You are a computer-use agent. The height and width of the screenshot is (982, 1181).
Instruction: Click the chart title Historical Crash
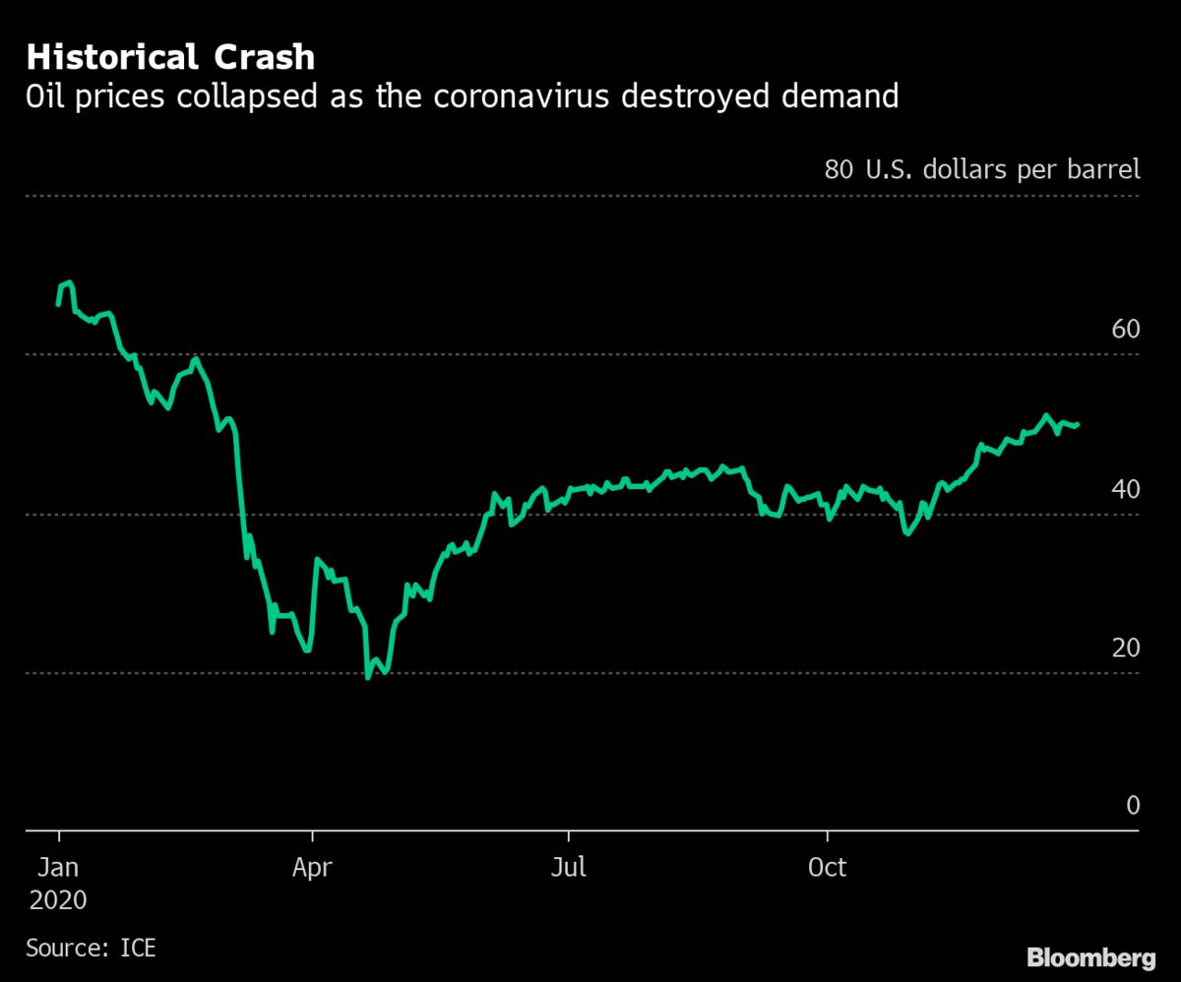point(170,57)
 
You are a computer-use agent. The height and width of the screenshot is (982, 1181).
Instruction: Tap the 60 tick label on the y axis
point(1125,329)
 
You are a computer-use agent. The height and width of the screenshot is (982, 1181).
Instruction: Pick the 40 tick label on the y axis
point(1125,489)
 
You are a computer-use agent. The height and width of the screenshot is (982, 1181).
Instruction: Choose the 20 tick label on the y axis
point(1125,647)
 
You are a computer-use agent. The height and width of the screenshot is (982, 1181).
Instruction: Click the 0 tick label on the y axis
point(1132,806)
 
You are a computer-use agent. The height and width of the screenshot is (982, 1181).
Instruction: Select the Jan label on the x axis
point(58,868)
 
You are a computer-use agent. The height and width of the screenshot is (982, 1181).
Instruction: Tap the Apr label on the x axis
point(312,868)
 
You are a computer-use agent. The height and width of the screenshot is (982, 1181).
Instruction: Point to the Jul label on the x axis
point(569,868)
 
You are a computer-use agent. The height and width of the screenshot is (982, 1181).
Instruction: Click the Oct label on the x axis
point(827,868)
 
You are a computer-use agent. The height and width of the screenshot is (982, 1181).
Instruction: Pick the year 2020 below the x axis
point(57,900)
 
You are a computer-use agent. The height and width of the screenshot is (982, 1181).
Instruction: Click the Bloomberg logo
point(1091,957)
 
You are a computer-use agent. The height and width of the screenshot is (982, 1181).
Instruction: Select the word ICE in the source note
point(137,949)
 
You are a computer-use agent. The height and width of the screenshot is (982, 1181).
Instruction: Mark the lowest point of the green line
point(368,677)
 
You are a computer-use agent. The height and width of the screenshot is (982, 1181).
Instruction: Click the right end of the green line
point(1078,425)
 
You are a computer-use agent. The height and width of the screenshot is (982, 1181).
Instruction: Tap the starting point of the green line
point(58,305)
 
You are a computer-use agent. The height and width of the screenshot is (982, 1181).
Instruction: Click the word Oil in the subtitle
point(47,96)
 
